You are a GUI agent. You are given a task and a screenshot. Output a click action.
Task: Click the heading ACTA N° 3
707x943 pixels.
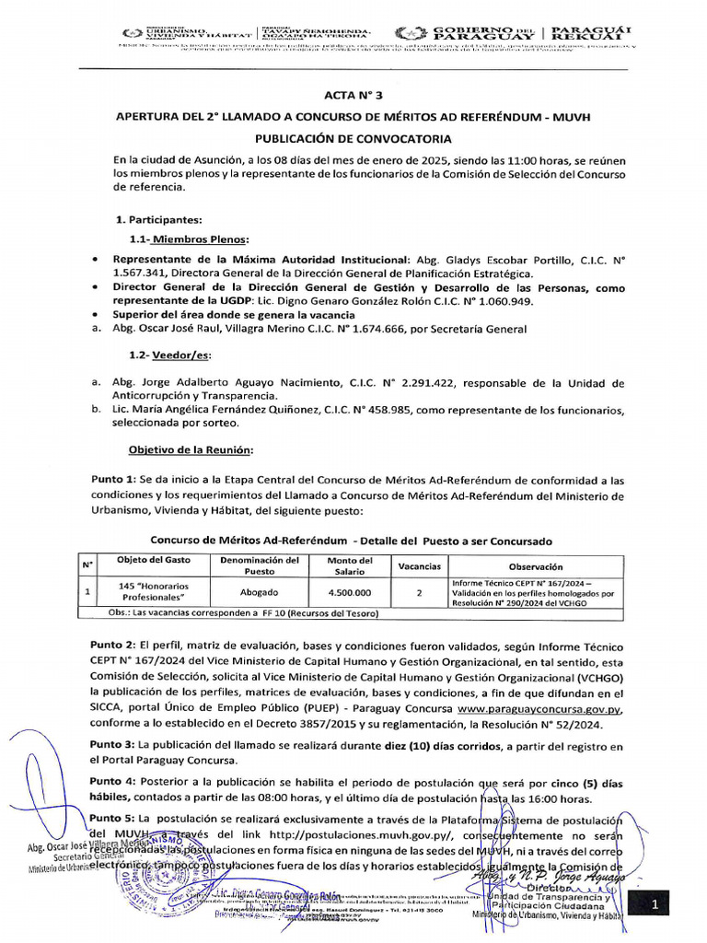tap(353, 95)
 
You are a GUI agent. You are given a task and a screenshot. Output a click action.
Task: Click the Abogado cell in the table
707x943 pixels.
tap(260, 593)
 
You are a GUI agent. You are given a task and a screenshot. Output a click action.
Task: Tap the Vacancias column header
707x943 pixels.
tap(419, 566)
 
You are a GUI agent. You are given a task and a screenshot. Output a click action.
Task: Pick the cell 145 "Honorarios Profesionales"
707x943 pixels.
tap(154, 592)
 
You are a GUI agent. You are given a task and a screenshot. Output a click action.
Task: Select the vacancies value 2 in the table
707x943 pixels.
tap(419, 593)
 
